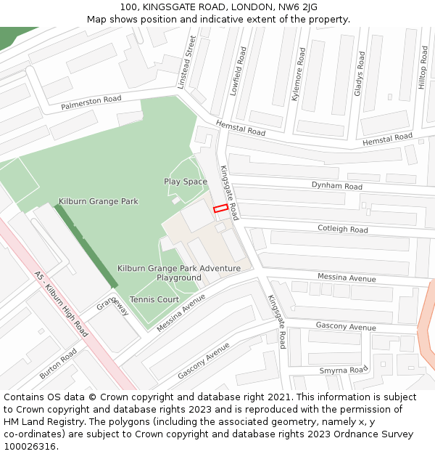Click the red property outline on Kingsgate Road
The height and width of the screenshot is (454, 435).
coord(220,208)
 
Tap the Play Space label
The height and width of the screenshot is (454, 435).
coord(186,182)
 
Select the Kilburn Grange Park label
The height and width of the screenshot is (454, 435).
coord(99,201)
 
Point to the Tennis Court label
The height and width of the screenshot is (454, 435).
coord(154,299)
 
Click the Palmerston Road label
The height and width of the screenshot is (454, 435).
coord(91,103)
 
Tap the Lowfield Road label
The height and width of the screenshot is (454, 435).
coord(233,71)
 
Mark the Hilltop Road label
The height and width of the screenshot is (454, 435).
coord(423,72)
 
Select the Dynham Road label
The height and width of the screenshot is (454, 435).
coord(337,187)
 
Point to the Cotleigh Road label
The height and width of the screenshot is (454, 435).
coord(343,229)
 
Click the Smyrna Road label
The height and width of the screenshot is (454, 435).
coord(344,370)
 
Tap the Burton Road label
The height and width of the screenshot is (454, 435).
coord(58,363)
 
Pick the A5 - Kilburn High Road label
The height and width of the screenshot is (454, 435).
coord(61,304)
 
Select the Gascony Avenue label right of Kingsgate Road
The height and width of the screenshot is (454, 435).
coord(346,327)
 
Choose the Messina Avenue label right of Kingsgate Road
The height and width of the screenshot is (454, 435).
coord(347,278)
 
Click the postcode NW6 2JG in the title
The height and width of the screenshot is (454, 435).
coord(298,7)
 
